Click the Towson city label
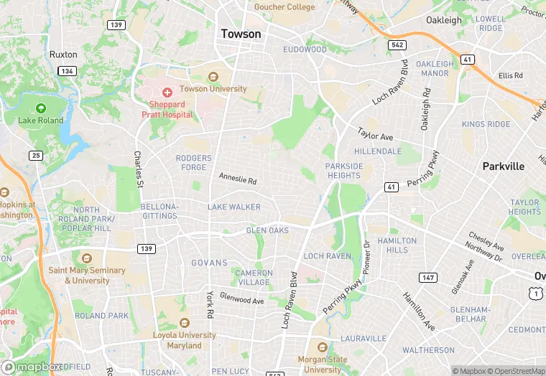point(241,34)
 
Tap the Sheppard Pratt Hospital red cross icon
point(167,92)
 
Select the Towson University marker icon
point(213,77)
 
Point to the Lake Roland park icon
point(41,108)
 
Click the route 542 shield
point(397,44)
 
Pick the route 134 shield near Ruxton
point(68,71)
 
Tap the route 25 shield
point(36,155)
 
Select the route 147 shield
point(427,277)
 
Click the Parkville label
point(503,166)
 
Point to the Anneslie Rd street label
point(238,177)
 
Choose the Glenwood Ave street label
point(242,297)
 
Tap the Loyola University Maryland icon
point(184,323)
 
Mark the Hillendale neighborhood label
point(378,151)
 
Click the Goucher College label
point(284,7)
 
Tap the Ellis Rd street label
point(511,75)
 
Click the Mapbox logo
point(32,367)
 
